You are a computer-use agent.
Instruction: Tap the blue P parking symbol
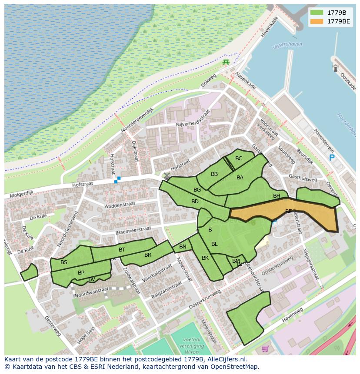[x=332, y=158]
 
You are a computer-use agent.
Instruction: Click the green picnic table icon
[x=226, y=63]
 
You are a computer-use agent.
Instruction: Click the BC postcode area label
[x=239, y=159]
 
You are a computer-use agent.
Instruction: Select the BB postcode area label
[x=214, y=174]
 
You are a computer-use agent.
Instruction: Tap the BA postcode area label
[x=240, y=178]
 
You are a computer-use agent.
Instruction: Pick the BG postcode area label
[x=197, y=190]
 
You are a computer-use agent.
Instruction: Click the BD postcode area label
[x=195, y=202]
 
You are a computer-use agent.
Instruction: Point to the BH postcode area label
[x=277, y=196]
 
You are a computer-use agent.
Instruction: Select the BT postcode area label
[x=122, y=250]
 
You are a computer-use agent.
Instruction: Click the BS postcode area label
[x=64, y=262]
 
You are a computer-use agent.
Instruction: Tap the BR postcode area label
[x=148, y=255]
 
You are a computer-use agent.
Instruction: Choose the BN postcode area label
[x=183, y=247]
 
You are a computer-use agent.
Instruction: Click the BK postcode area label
[x=205, y=258]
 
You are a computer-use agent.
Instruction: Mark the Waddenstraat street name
[x=120, y=204]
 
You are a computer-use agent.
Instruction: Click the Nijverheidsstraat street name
[x=193, y=120]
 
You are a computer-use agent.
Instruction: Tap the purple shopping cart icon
[x=265, y=348]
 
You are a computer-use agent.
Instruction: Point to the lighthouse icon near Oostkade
[x=335, y=68]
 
